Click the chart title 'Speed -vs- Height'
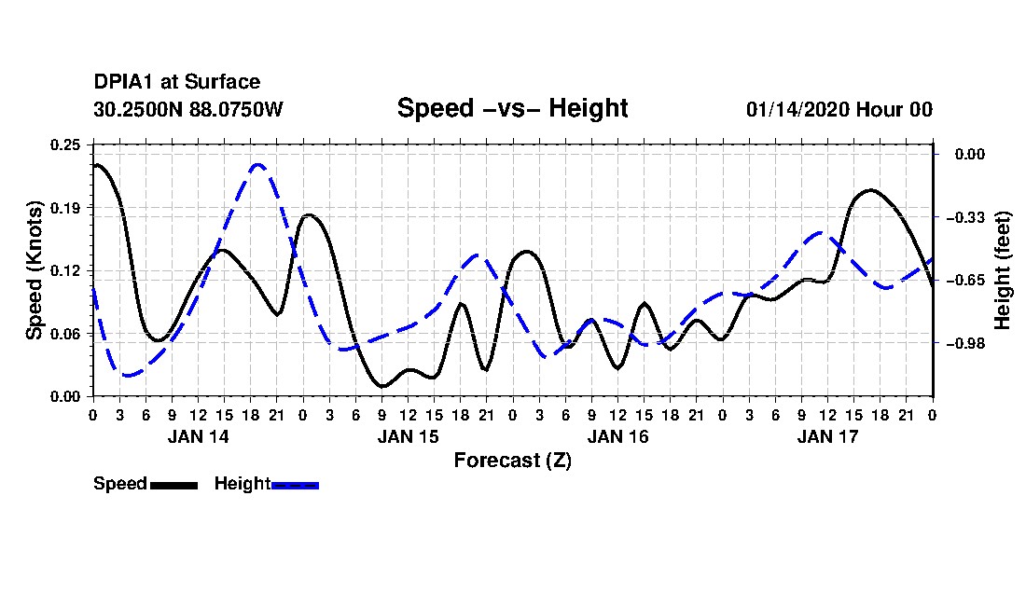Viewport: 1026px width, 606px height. point(512,108)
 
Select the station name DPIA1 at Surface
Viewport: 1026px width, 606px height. point(176,82)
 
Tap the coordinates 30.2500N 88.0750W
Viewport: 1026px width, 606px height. point(187,109)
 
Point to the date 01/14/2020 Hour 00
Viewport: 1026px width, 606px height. point(839,109)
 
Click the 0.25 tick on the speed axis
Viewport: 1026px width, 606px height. point(65,145)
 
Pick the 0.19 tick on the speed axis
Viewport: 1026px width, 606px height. point(65,208)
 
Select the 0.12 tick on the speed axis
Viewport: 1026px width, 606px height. point(65,270)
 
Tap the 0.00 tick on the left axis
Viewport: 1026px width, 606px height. point(65,397)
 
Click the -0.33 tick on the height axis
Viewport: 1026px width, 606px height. point(965,217)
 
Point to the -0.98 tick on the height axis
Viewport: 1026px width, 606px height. point(965,343)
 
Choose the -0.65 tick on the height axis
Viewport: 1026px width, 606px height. point(965,281)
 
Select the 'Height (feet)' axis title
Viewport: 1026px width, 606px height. point(1003,270)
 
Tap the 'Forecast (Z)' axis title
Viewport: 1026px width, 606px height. point(513,461)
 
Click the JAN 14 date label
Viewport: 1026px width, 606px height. point(199,436)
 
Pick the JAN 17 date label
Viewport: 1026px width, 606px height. point(827,436)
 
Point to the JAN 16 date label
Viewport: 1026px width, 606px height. point(617,436)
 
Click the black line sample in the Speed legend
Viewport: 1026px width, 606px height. point(174,485)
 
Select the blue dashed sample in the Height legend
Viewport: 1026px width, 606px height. point(295,485)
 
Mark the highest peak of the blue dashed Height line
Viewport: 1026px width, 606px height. point(257,165)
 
